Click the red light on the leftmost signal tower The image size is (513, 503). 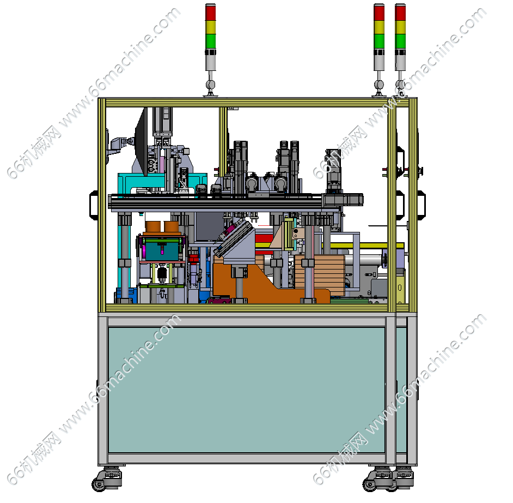point(210,13)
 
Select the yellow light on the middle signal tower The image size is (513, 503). point(379,27)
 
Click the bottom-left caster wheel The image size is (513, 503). point(99,484)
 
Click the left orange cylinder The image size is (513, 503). point(153,227)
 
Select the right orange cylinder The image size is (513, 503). point(172,227)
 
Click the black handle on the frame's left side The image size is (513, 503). point(94,205)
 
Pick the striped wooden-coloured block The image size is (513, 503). point(320,271)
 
